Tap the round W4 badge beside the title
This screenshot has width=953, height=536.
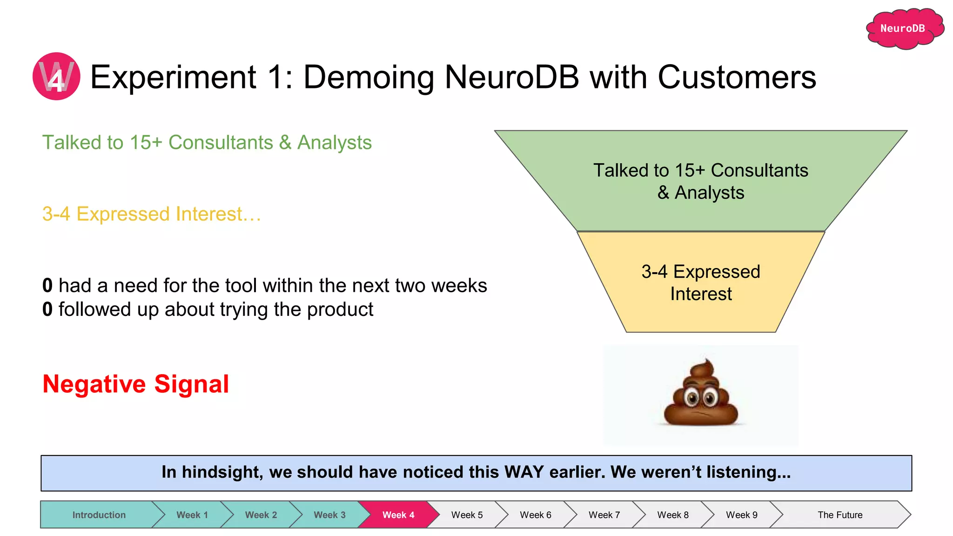pos(56,76)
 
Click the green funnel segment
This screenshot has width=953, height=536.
pos(700,181)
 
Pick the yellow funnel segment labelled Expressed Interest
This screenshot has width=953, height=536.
pos(700,282)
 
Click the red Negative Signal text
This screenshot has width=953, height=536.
pos(135,384)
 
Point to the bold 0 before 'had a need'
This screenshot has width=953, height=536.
pos(47,285)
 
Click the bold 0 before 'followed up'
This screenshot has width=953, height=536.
pos(47,309)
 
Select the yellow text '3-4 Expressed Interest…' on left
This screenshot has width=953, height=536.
pos(151,214)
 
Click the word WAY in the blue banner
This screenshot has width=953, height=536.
pos(524,472)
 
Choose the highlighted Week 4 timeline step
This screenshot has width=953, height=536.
pos(398,515)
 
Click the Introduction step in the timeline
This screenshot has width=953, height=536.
pos(99,515)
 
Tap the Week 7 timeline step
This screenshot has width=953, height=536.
pos(604,515)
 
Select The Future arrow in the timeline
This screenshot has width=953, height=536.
pos(839,515)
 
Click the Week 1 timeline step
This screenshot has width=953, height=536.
pos(192,515)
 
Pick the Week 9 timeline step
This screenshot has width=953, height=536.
pos(741,515)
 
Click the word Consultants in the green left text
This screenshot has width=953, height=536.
pos(221,142)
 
